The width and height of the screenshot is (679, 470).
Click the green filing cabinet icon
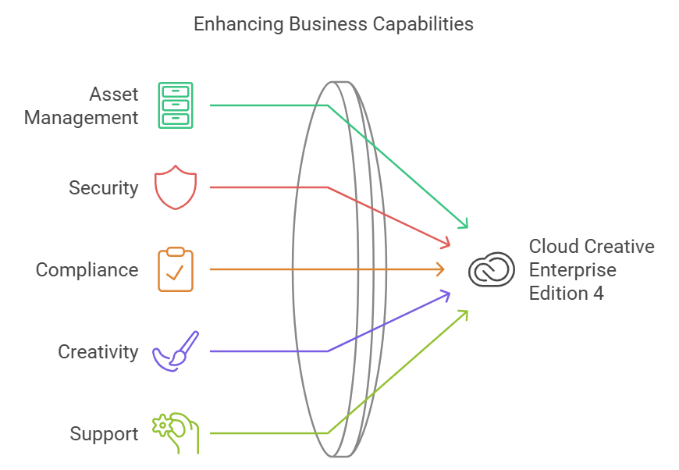pyautogui.click(x=176, y=105)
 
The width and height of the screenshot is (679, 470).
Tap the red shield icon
pyautogui.click(x=176, y=187)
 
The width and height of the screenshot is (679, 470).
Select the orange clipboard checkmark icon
pyautogui.click(x=176, y=269)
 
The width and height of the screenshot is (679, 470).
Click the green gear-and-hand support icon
pyautogui.click(x=176, y=433)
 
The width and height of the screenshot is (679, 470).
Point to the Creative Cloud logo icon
pyautogui.click(x=492, y=269)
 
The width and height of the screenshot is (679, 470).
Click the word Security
pyautogui.click(x=103, y=188)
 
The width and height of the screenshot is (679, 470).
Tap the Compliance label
pyautogui.click(x=87, y=270)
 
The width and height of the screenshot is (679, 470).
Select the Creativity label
pyautogui.click(x=98, y=352)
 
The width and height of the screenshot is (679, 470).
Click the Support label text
pyautogui.click(x=104, y=434)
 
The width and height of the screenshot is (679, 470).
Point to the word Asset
pyautogui.click(x=113, y=94)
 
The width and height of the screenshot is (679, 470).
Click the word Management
pyautogui.click(x=81, y=118)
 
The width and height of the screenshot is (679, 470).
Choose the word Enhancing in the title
pyautogui.click(x=238, y=24)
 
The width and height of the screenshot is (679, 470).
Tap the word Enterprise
pyautogui.click(x=572, y=270)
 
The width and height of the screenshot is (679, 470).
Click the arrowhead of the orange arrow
pyautogui.click(x=441, y=269)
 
